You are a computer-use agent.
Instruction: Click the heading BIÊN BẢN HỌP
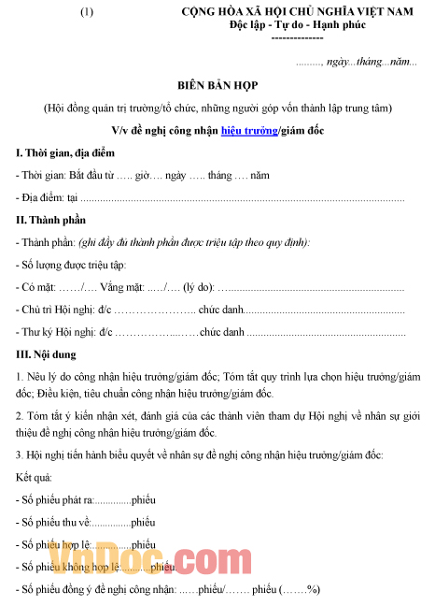217,85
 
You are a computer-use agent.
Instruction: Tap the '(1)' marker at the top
87,12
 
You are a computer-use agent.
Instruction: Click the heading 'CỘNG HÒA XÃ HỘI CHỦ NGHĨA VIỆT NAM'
296,11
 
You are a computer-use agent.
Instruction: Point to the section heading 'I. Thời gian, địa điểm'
64,152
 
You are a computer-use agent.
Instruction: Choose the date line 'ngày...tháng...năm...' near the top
369,62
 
